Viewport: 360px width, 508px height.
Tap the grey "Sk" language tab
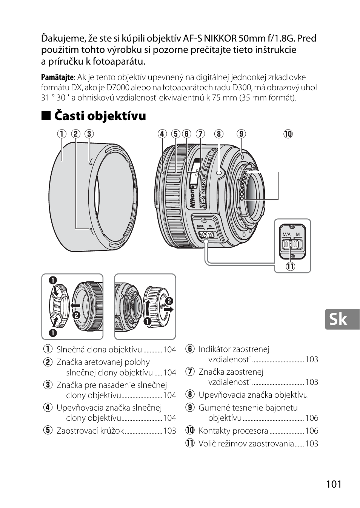click(x=338, y=320)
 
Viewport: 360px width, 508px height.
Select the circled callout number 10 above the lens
click(x=288, y=134)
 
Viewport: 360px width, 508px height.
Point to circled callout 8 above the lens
click(x=219, y=134)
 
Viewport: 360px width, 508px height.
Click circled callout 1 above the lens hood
click(x=62, y=134)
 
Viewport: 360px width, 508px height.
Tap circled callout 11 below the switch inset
click(x=290, y=266)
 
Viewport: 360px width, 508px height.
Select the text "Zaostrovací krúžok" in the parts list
click(x=90, y=431)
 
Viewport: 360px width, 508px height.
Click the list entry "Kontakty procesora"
click(x=233, y=431)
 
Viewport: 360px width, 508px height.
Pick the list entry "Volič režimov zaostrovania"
click(x=246, y=443)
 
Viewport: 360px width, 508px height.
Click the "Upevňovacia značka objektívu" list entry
click(x=253, y=395)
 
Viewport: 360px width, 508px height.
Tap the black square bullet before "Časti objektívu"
click(x=45, y=116)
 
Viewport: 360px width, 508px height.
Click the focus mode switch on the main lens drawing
click(x=206, y=235)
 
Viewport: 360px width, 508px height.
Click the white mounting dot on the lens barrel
click(x=218, y=172)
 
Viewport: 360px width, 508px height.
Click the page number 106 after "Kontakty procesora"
click(x=312, y=431)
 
